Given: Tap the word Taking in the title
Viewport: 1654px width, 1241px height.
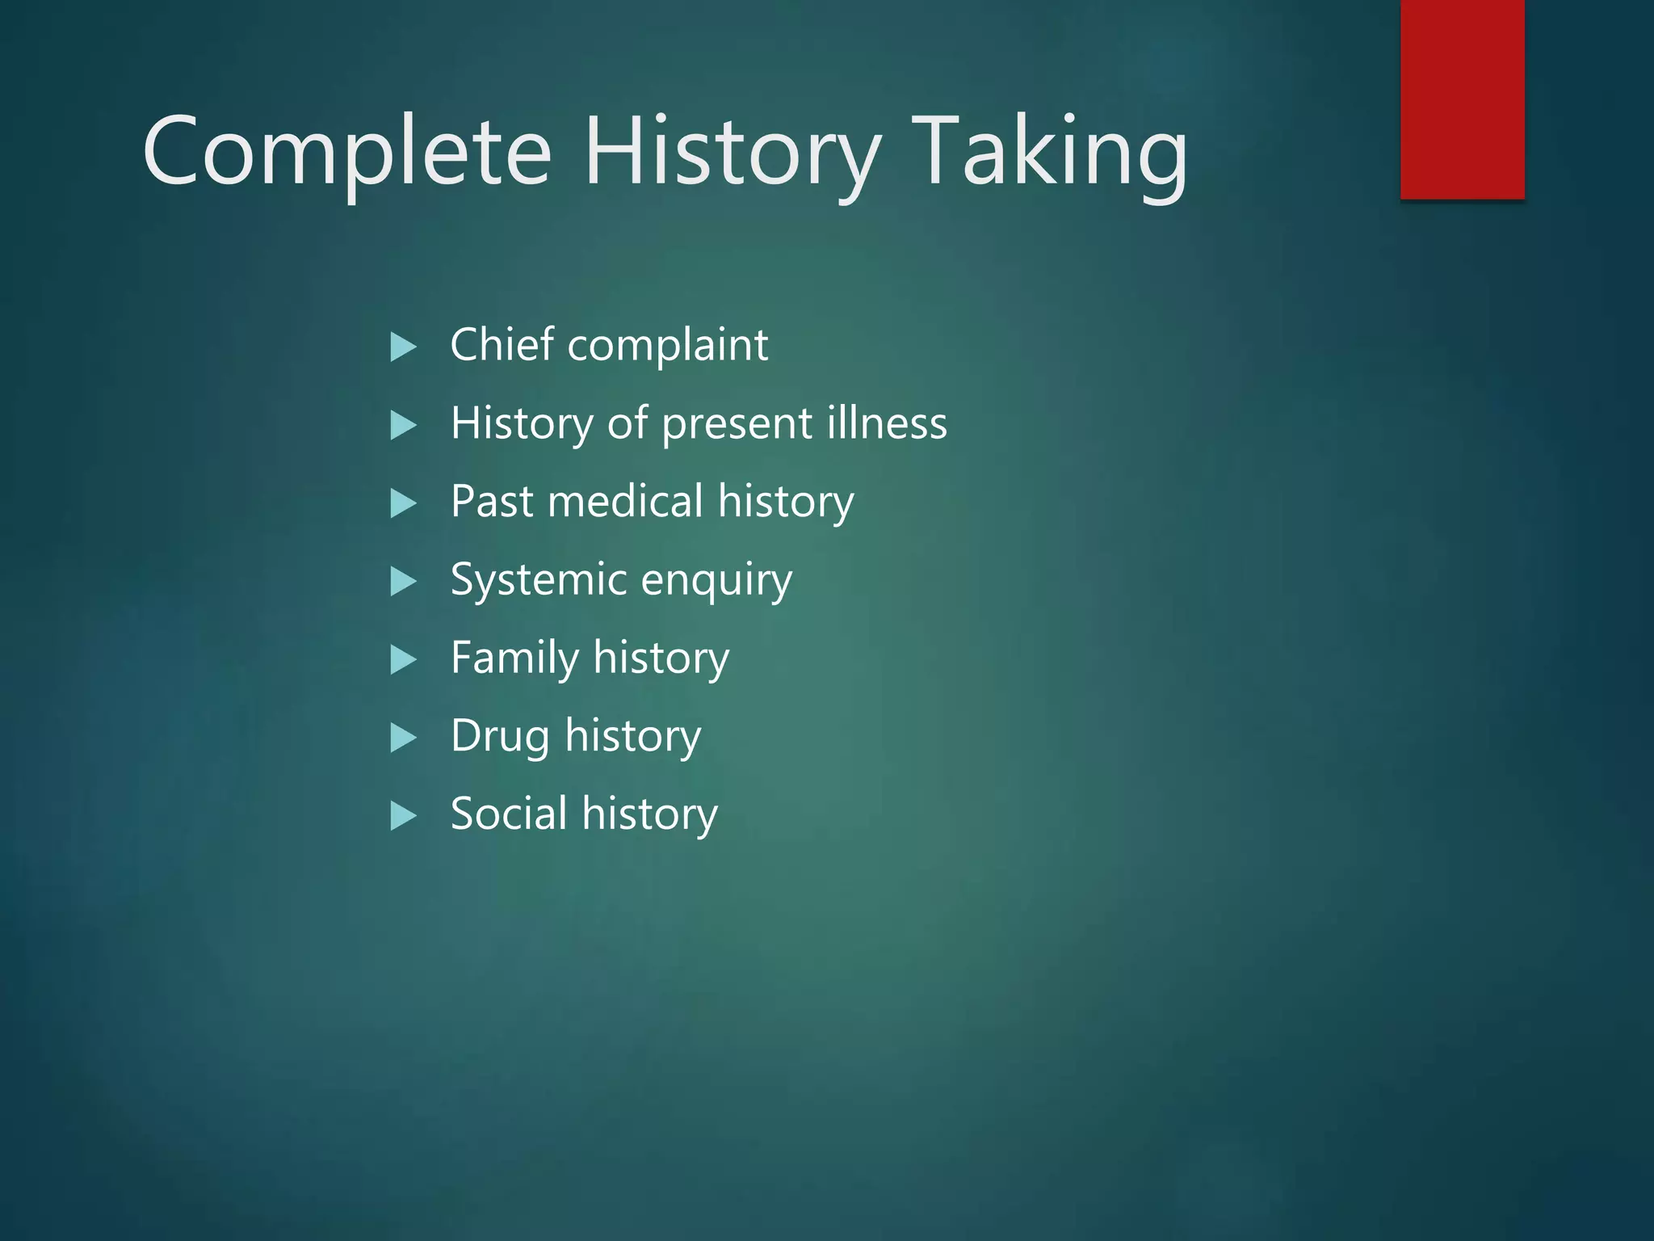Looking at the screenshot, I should click(1051, 152).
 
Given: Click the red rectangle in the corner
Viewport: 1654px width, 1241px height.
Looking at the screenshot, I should click(1462, 99).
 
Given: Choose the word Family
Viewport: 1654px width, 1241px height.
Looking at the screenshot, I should click(514, 658).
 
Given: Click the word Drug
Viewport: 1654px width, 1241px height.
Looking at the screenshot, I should click(500, 737).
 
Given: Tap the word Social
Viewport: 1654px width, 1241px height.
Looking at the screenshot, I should click(508, 813).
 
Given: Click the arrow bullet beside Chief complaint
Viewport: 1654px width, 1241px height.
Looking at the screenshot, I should click(402, 347).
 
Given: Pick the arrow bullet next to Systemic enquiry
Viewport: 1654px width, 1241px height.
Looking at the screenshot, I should click(402, 582).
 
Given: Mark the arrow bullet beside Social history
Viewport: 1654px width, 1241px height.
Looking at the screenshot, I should click(402, 816).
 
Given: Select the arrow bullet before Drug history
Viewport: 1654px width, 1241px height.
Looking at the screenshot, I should click(402, 738).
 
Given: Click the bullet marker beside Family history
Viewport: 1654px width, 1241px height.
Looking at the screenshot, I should click(402, 660).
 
